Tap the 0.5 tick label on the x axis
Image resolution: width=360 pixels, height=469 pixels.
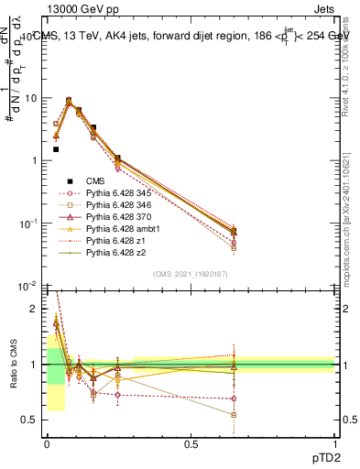(191, 443)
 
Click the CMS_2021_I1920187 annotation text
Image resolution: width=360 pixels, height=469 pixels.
(191, 274)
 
